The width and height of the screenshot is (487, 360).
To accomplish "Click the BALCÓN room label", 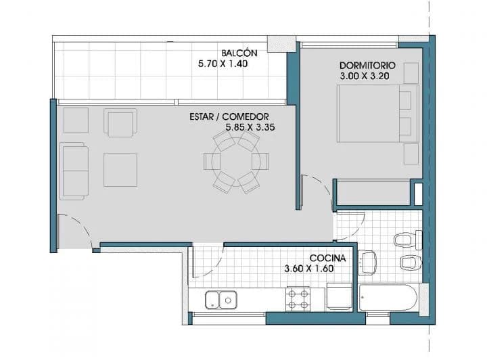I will click(239, 53).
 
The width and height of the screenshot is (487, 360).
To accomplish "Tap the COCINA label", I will click(328, 258).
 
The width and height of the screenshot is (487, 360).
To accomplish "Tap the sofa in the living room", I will click(74, 170).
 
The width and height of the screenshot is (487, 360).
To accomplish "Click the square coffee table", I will click(120, 170).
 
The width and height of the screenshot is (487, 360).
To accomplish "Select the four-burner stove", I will click(298, 299).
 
